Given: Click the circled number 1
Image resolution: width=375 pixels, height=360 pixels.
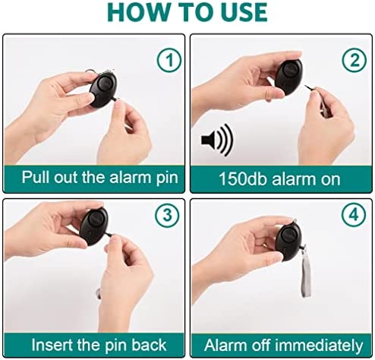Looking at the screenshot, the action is pyautogui.click(x=169, y=60).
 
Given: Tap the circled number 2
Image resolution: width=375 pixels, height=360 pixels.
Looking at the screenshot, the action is pyautogui.click(x=355, y=60).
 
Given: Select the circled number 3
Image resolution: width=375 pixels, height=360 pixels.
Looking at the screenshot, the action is pyautogui.click(x=167, y=216).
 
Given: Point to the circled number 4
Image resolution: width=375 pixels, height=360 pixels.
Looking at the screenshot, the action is pyautogui.click(x=354, y=215).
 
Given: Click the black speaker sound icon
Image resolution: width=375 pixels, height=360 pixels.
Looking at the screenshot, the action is pyautogui.click(x=217, y=140).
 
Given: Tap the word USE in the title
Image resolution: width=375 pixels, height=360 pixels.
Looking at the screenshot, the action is pyautogui.click(x=244, y=12).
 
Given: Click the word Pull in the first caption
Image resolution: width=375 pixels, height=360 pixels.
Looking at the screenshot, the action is pyautogui.click(x=36, y=177).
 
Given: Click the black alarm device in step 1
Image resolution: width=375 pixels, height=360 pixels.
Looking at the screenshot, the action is pyautogui.click(x=103, y=90).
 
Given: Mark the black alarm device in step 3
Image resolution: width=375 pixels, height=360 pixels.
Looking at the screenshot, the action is pyautogui.click(x=94, y=226).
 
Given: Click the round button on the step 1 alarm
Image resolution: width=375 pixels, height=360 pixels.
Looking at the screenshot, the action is pyautogui.click(x=105, y=83).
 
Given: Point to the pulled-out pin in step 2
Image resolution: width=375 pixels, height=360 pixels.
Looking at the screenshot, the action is pyautogui.click(x=308, y=88).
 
